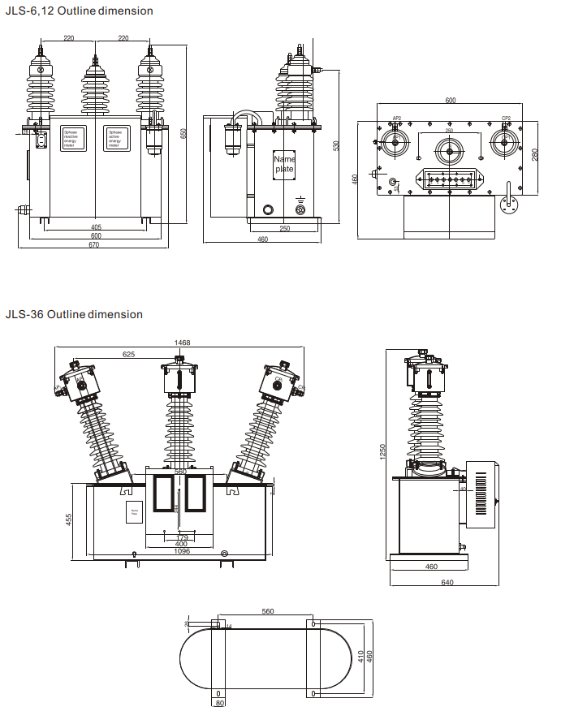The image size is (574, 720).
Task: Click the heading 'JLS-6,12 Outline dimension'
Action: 79,11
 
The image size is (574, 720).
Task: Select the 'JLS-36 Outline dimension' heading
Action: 74,314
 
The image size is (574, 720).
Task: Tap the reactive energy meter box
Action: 76,139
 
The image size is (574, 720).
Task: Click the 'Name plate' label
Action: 284,164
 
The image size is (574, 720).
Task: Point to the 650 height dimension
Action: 183,133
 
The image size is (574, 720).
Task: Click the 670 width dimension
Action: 94,245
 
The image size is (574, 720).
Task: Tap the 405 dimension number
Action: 96,227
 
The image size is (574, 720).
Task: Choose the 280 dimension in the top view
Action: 535,155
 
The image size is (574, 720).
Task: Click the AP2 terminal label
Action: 397,119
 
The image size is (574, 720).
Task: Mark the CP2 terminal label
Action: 506,119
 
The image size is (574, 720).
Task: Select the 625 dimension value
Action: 129,355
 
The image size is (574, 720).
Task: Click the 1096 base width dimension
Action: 181,552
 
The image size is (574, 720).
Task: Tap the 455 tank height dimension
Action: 70,520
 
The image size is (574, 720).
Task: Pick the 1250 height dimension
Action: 382,451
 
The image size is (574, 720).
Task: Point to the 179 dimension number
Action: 181,537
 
